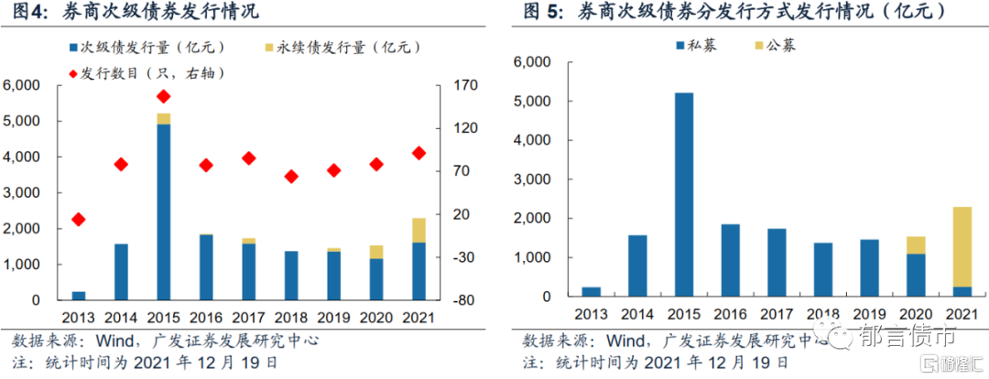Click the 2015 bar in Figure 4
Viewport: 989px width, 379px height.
[164, 211]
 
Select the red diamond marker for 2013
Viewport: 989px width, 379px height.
[79, 219]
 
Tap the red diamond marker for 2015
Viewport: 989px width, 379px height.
[164, 96]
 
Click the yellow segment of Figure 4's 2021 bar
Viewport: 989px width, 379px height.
[418, 230]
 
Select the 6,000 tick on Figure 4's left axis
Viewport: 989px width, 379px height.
[23, 85]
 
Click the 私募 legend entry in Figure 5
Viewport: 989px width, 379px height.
[694, 45]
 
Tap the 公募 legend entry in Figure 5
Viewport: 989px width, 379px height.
[772, 45]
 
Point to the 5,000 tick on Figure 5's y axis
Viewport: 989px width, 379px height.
[534, 102]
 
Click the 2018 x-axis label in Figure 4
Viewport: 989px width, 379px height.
[291, 318]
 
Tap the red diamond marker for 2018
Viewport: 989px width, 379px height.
[291, 176]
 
